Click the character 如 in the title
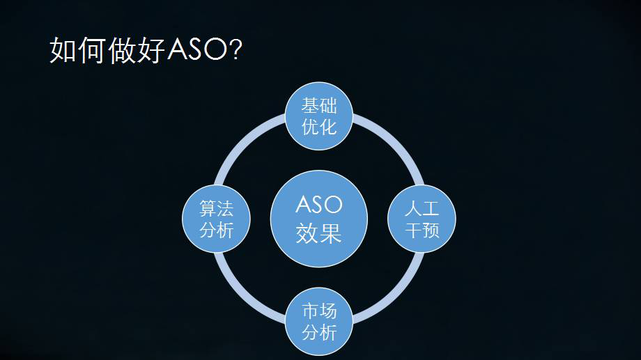(63, 50)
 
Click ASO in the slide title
(196, 49)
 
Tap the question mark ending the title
(236, 49)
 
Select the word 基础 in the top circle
(319, 106)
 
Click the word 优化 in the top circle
(319, 127)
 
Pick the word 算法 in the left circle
(216, 208)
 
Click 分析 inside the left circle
(216, 230)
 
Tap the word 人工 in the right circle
(422, 208)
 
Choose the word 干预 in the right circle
(422, 230)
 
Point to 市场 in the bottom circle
(319, 311)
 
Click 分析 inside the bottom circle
(319, 332)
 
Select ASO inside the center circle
(319, 204)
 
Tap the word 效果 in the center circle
(319, 233)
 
